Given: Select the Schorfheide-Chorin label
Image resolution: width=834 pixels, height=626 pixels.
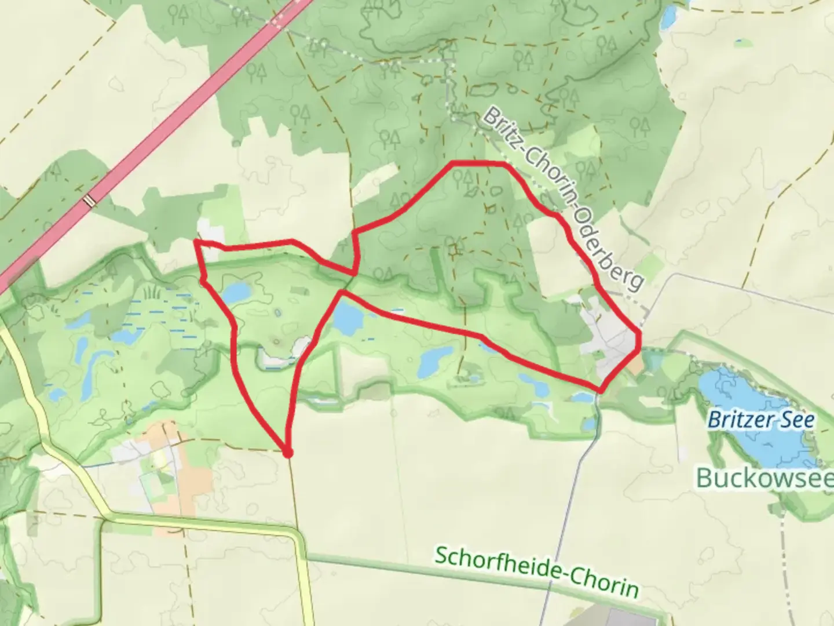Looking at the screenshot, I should pos(536,572).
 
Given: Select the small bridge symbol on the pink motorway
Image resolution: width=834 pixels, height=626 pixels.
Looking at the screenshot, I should pos(89,201).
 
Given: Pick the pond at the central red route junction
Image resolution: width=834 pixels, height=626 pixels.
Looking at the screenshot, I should pos(348,318).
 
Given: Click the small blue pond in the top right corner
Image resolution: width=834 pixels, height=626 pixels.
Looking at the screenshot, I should pos(669,17).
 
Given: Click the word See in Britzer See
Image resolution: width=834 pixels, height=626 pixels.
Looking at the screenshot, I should pos(796,420).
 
